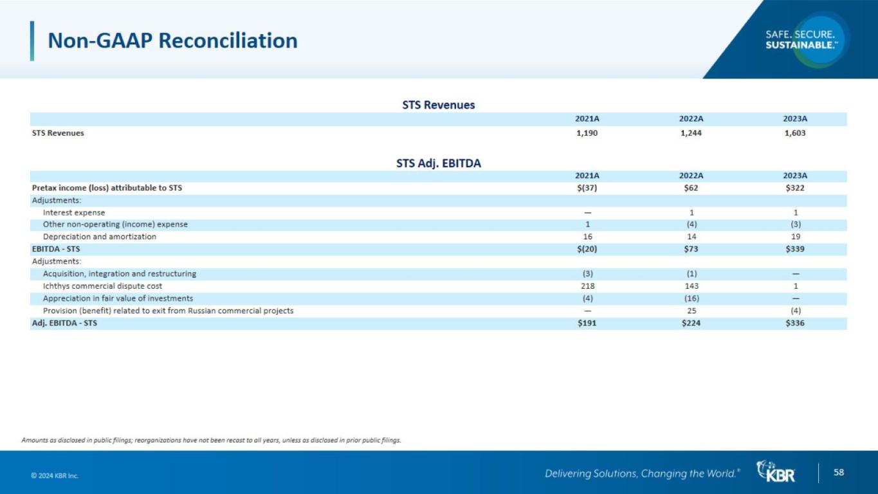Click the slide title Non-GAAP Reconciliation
pos(172,41)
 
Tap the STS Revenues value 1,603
pos(795,133)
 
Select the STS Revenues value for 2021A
pos(587,133)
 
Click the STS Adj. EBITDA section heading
pos(439,163)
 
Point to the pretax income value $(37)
pos(587,188)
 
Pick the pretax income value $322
pos(795,188)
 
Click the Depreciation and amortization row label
pos(100,237)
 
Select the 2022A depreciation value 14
pos(691,237)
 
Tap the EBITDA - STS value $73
pos(691,249)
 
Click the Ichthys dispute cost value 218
pos(587,286)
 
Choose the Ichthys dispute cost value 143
pos(691,286)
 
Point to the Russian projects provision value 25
pos(691,311)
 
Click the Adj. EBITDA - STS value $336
pos(795,323)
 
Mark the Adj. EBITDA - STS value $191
pos(587,323)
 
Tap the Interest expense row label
pos(74,212)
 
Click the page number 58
pos(839,473)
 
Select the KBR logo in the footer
pos(776,472)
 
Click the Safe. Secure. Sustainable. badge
pos(801,39)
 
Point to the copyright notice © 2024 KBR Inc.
pos(55,476)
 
